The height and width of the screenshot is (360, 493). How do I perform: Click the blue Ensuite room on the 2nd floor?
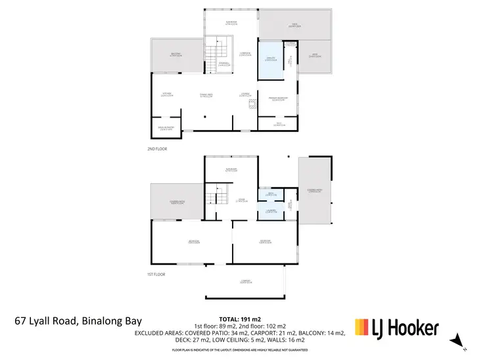[x=268, y=60]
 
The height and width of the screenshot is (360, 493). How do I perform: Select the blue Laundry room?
[x=270, y=211]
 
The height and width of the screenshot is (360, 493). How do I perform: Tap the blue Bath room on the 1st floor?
[x=270, y=194]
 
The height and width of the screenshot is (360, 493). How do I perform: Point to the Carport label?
[x=246, y=282]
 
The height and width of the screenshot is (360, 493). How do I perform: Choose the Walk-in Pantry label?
[x=166, y=128]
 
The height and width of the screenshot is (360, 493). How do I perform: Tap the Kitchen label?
[x=167, y=94]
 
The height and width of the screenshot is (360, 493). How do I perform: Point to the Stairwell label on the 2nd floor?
[x=224, y=63]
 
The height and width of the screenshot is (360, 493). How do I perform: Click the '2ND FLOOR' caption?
[x=157, y=149]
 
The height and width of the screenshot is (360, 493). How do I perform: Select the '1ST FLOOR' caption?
[x=156, y=273]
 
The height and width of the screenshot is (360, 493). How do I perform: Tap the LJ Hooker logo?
[x=396, y=326]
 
